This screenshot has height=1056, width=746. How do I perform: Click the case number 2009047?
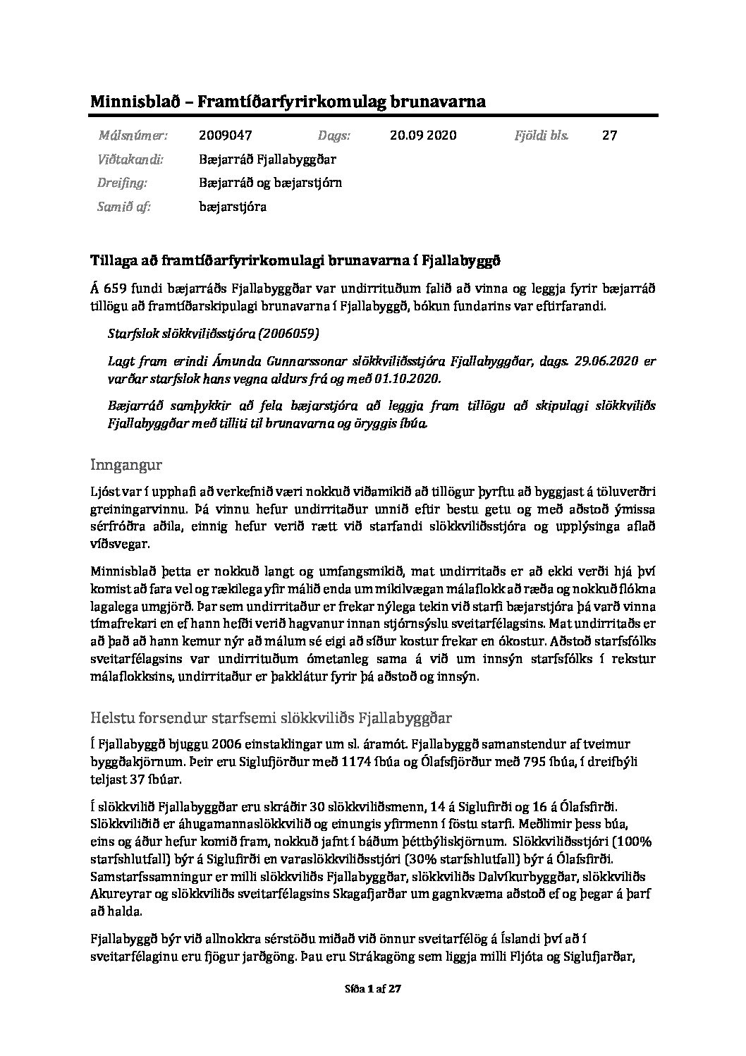coord(226,135)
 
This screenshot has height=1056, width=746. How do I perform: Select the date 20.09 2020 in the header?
coord(422,135)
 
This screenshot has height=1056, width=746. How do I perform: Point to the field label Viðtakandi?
coord(130,159)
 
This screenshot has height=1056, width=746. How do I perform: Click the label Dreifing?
coord(122,183)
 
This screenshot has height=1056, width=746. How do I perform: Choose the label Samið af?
coord(123,207)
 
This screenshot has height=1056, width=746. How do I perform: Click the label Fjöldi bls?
coord(542,135)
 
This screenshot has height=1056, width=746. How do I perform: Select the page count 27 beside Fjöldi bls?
coord(609,135)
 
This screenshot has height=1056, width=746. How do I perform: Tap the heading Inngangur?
coord(127,465)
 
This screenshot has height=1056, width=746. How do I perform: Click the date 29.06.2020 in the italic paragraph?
coord(605,361)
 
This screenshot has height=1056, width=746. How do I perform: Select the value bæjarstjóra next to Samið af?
coord(233,207)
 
